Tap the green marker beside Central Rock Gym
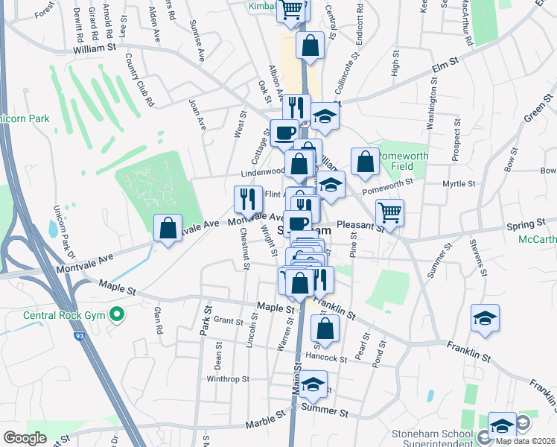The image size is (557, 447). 115,315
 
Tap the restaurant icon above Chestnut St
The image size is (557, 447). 248,199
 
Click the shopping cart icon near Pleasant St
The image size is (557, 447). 389,212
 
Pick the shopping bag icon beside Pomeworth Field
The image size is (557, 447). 365,162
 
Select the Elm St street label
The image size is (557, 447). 446,69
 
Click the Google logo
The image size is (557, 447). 25,438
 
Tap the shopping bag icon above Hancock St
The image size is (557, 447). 325,328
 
